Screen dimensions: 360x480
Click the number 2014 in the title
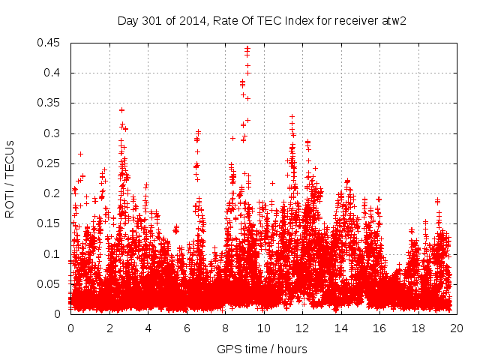point(190,19)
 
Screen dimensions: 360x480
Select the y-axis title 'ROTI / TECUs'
point(10,178)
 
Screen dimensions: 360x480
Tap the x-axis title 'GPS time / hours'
point(262,349)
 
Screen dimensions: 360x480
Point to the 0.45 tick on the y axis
point(51,43)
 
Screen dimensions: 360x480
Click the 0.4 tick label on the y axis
point(54,73)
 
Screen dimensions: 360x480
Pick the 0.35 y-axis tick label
point(51,103)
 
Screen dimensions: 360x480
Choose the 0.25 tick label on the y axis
point(51,163)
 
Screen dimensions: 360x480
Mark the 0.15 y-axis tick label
point(51,223)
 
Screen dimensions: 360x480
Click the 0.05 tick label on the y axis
point(51,283)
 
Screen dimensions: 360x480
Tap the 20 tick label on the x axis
point(456,328)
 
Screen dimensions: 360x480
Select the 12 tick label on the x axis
point(301,328)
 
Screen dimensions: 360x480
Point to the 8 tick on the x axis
point(225,328)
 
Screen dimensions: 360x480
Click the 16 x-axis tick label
point(379,328)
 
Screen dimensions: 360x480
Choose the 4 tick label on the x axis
point(148,328)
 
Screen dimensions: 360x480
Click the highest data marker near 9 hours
point(247,48)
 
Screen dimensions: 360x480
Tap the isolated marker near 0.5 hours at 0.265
point(80,154)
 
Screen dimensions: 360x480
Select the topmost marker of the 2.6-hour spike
point(121,110)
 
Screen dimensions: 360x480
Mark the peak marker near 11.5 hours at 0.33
point(292,116)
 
